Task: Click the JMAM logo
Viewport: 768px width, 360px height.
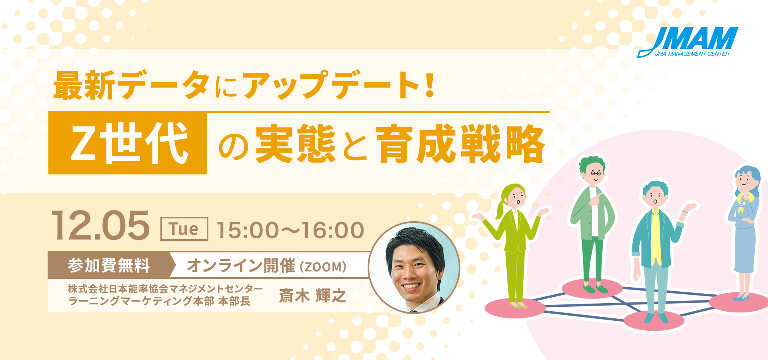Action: [688, 42]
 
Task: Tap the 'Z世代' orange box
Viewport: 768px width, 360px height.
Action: [128, 143]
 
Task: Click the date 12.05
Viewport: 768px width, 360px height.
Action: [100, 226]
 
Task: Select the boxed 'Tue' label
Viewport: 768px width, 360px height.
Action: [184, 229]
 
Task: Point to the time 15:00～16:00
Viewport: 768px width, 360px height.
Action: [290, 230]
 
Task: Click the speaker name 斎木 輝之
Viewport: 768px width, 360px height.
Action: [312, 296]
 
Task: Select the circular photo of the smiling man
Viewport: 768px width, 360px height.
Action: [414, 268]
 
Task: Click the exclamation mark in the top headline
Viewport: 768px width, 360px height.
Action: [430, 85]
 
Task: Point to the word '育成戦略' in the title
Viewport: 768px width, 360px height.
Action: [460, 144]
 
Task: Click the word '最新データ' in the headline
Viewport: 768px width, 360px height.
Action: [132, 85]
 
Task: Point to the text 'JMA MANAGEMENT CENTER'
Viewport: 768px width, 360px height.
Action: [692, 54]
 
